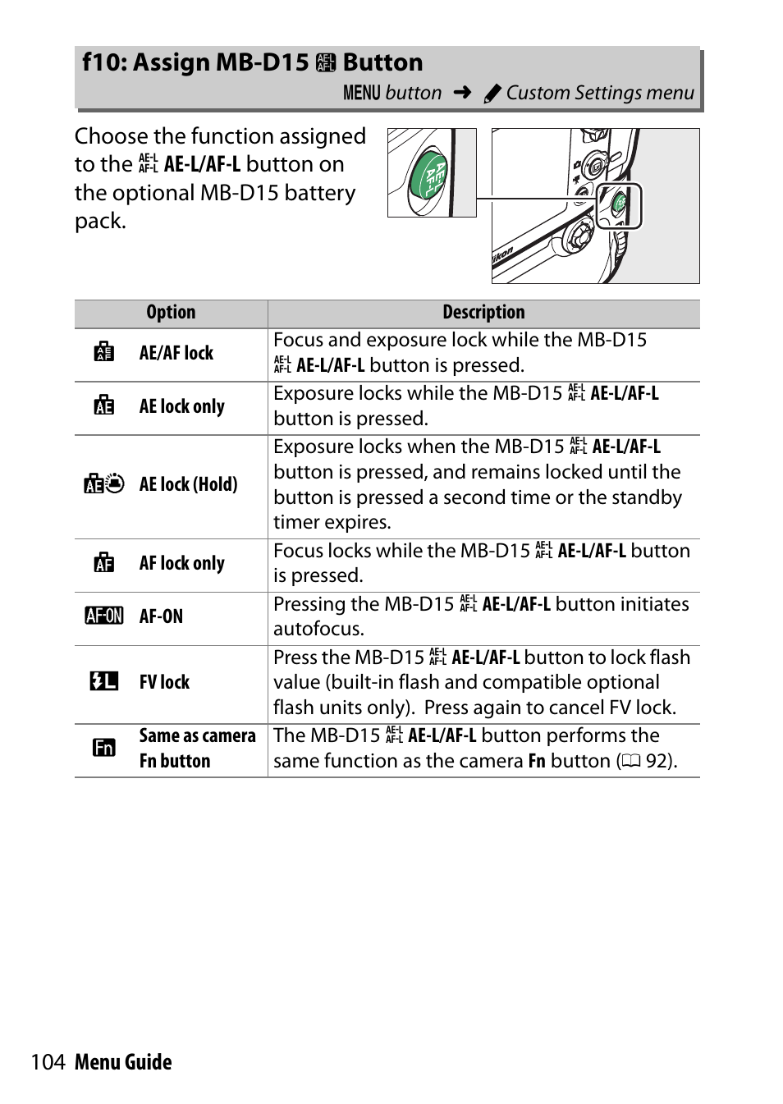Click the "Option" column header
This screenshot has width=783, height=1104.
click(171, 313)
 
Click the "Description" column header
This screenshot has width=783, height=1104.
click(483, 313)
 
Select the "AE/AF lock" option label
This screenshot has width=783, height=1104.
click(176, 354)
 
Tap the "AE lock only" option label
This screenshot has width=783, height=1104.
click(181, 407)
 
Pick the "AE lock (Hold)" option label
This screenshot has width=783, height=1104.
click(188, 485)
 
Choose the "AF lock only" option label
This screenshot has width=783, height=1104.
click(181, 564)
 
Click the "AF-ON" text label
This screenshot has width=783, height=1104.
click(161, 616)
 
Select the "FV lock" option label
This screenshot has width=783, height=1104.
click(164, 683)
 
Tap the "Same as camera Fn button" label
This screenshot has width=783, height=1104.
click(197, 749)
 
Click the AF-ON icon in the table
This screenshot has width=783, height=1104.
click(104, 616)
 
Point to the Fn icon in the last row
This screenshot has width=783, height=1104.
click(104, 748)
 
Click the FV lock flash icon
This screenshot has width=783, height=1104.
click(104, 681)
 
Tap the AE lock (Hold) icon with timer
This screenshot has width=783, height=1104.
click(104, 484)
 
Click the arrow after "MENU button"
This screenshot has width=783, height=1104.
click(462, 93)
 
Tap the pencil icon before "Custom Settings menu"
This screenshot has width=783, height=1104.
click(492, 94)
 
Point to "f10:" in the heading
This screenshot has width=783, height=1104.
click(104, 63)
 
